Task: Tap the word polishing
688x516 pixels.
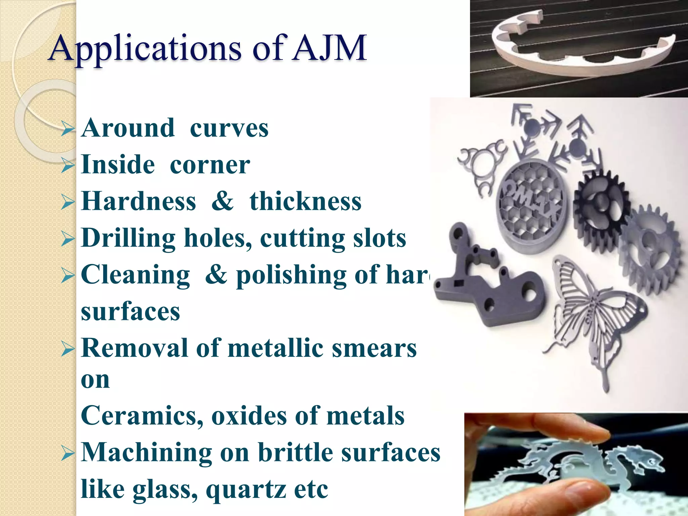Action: coord(291,275)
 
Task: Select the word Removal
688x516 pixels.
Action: coord(134,348)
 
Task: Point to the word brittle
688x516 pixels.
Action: coord(296,452)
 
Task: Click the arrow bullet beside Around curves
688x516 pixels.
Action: coord(68,130)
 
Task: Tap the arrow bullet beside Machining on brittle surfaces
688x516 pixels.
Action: coord(68,454)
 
